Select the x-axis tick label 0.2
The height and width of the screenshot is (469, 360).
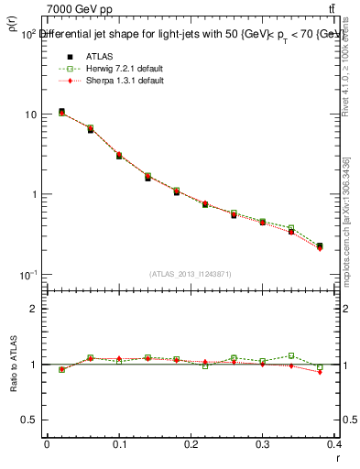click(x=191, y=444)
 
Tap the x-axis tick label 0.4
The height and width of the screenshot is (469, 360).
click(x=334, y=444)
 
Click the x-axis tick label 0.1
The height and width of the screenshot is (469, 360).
click(x=119, y=444)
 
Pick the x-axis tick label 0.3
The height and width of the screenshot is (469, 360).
click(x=263, y=444)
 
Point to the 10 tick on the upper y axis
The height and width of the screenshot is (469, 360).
click(x=30, y=115)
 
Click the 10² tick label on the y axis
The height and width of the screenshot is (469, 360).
click(x=27, y=34)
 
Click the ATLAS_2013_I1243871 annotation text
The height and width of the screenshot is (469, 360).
click(x=191, y=274)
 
